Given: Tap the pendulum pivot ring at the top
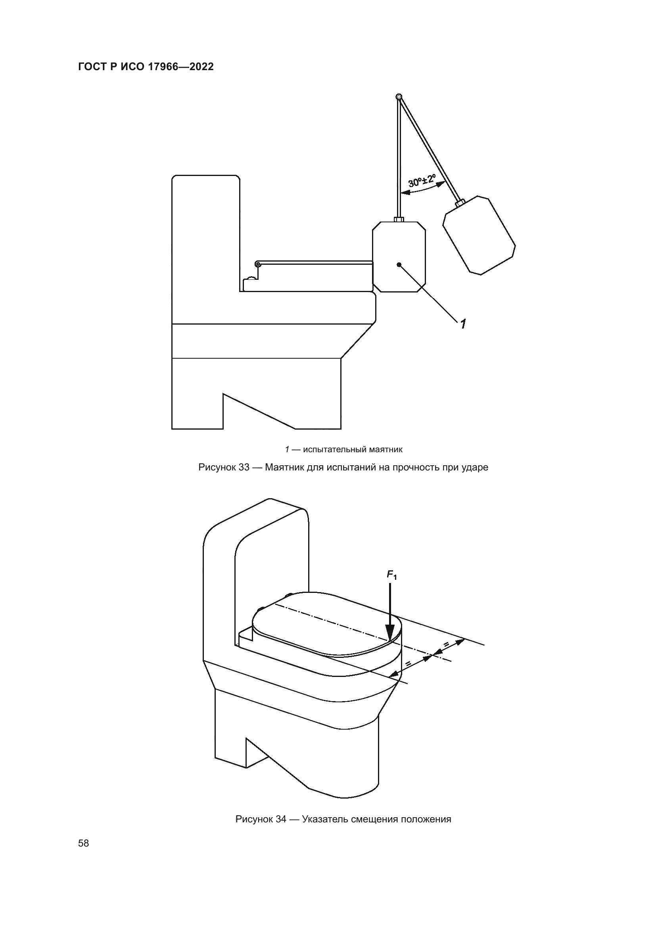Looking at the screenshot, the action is pyautogui.click(x=399, y=96).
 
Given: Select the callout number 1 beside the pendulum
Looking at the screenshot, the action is pyautogui.click(x=463, y=323).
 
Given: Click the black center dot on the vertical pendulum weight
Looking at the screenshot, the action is pyautogui.click(x=399, y=264).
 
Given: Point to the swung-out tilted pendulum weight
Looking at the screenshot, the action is pyautogui.click(x=479, y=235).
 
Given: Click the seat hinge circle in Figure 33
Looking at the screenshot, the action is pyautogui.click(x=258, y=264).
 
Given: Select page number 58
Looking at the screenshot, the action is pyautogui.click(x=84, y=843).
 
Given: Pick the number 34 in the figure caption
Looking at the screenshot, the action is pyautogui.click(x=281, y=819).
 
